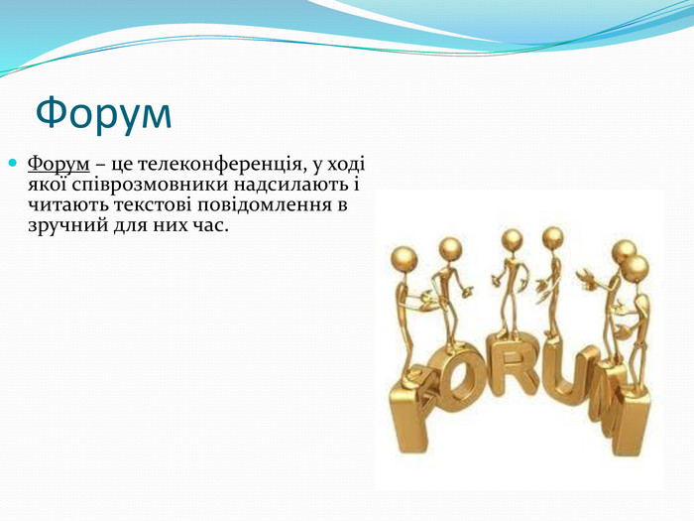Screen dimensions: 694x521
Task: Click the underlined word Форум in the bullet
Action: (58, 165)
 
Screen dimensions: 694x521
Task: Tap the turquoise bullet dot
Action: (12, 163)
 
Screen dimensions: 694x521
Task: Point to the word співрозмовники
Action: (150, 186)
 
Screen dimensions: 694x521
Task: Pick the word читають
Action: (67, 205)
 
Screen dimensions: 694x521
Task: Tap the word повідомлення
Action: (267, 205)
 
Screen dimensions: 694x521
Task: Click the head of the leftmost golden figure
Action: (405, 259)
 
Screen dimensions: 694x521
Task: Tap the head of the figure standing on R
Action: (513, 240)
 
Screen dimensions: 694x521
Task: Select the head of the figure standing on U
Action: (553, 238)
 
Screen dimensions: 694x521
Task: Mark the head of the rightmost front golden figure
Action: (636, 269)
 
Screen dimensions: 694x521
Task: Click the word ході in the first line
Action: (346, 165)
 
